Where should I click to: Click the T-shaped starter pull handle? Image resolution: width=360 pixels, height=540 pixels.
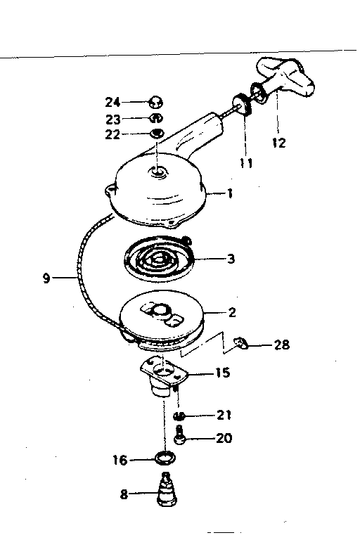coord(283,79)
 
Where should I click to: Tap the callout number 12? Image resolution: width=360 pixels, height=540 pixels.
coord(278,142)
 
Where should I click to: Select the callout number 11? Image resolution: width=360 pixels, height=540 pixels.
coord(246,163)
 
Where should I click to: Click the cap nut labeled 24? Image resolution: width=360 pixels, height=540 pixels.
coord(155,102)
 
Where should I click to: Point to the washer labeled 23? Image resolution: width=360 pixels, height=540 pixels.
coord(155,118)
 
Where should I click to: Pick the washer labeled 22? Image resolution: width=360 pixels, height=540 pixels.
coord(157,133)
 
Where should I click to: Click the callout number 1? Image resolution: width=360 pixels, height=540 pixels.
coord(230,193)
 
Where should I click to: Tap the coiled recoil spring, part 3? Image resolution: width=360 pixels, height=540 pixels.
coord(158,258)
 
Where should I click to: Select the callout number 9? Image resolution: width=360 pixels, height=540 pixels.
coord(47,278)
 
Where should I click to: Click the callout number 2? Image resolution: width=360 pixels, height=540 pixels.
coord(232,312)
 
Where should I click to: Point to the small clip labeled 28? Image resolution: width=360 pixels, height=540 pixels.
coord(242,343)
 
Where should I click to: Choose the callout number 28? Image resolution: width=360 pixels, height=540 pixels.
coord(281,345)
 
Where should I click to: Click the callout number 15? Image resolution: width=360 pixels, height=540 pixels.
coord(223,373)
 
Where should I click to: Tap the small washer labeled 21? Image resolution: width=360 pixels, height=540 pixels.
coord(179,416)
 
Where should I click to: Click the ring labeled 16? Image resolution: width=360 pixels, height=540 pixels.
coord(165,458)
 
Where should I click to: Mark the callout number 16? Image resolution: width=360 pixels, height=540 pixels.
coord(120,460)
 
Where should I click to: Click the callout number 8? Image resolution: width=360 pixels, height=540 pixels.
coord(124,494)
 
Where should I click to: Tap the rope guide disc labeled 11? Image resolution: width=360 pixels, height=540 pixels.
coord(243,105)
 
